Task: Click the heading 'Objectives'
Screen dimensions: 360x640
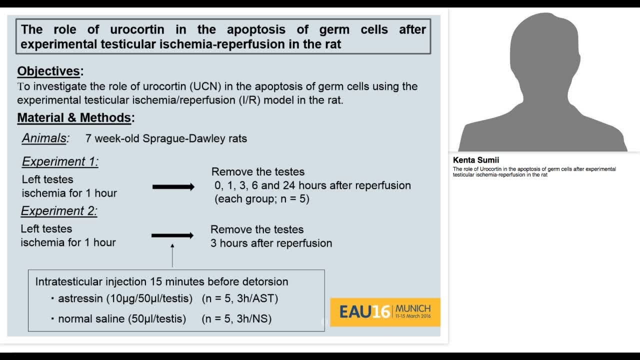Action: click(x=48, y=71)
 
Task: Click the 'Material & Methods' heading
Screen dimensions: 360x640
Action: click(x=74, y=118)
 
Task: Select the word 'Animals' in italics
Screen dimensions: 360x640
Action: click(x=44, y=138)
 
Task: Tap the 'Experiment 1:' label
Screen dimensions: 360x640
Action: click(x=60, y=161)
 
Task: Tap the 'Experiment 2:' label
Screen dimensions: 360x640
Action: click(x=59, y=211)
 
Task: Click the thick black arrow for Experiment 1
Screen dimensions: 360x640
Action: click(x=173, y=187)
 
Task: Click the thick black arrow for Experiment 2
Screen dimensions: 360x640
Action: click(x=172, y=235)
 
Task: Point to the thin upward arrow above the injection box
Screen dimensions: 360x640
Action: click(x=172, y=255)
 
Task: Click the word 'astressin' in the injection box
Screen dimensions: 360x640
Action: click(x=80, y=298)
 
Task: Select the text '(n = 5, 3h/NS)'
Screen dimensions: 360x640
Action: click(x=236, y=318)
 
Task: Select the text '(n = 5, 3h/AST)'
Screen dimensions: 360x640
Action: click(x=240, y=298)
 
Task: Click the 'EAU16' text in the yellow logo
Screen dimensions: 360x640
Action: click(x=364, y=312)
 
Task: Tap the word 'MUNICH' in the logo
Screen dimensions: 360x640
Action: click(x=413, y=308)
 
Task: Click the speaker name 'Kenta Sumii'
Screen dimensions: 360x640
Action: click(x=475, y=160)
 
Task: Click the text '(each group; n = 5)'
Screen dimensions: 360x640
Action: click(x=262, y=199)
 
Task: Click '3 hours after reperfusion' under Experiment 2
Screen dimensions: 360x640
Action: click(x=271, y=243)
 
